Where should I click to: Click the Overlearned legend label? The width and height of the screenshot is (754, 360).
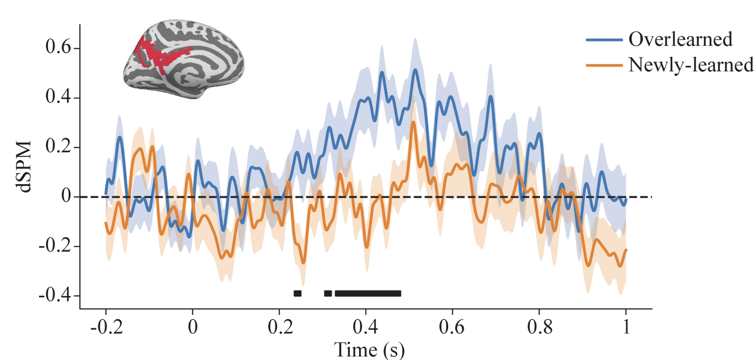pyautogui.click(x=680, y=39)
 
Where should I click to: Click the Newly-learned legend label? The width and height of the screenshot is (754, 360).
pyautogui.click(x=690, y=65)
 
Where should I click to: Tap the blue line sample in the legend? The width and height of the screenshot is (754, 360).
pyautogui.click(x=604, y=40)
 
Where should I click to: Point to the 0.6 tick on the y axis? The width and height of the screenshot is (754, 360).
pyautogui.click(x=58, y=47)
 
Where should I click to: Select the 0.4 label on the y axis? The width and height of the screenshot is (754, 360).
pyautogui.click(x=58, y=97)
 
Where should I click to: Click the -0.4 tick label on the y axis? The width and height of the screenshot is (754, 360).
pyautogui.click(x=54, y=295)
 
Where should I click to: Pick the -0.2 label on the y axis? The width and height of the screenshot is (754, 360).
pyautogui.click(x=54, y=246)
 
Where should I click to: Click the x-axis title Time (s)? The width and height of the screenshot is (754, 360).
pyautogui.click(x=369, y=350)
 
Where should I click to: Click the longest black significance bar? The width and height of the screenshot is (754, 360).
pyautogui.click(x=368, y=293)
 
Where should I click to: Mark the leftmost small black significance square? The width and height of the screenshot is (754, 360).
pyautogui.click(x=297, y=293)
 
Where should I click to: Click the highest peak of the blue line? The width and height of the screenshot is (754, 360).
pyautogui.click(x=415, y=70)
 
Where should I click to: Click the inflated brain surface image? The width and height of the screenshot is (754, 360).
pyautogui.click(x=184, y=59)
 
